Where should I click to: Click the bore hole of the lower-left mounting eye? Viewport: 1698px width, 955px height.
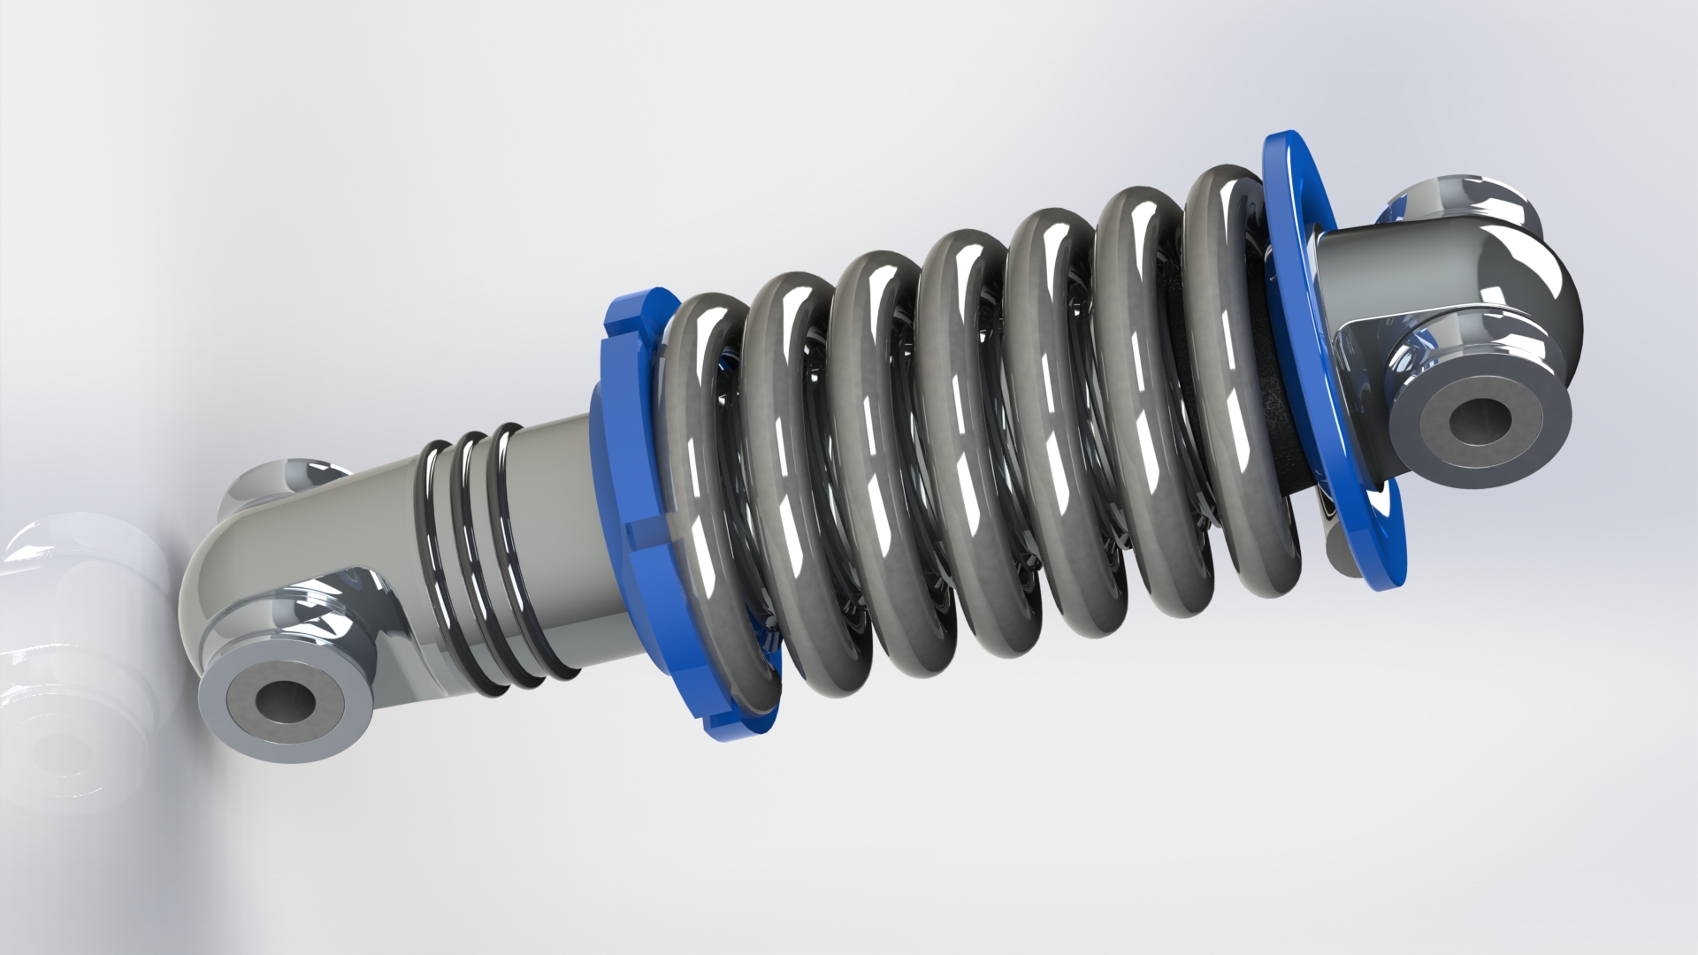tap(285, 701)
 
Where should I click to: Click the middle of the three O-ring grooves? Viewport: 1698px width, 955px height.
tap(473, 553)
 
